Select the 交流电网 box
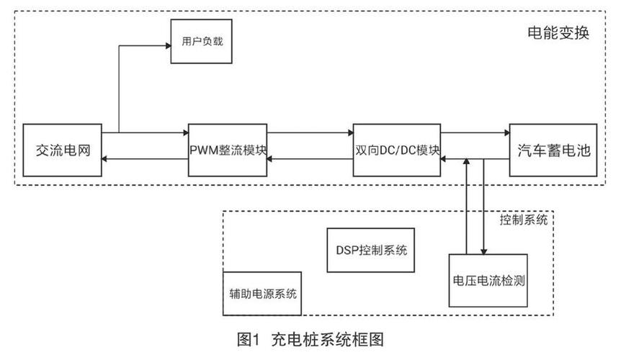point(63,150)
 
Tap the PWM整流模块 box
point(228,150)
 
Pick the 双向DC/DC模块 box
point(397,150)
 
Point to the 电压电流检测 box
point(488,281)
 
